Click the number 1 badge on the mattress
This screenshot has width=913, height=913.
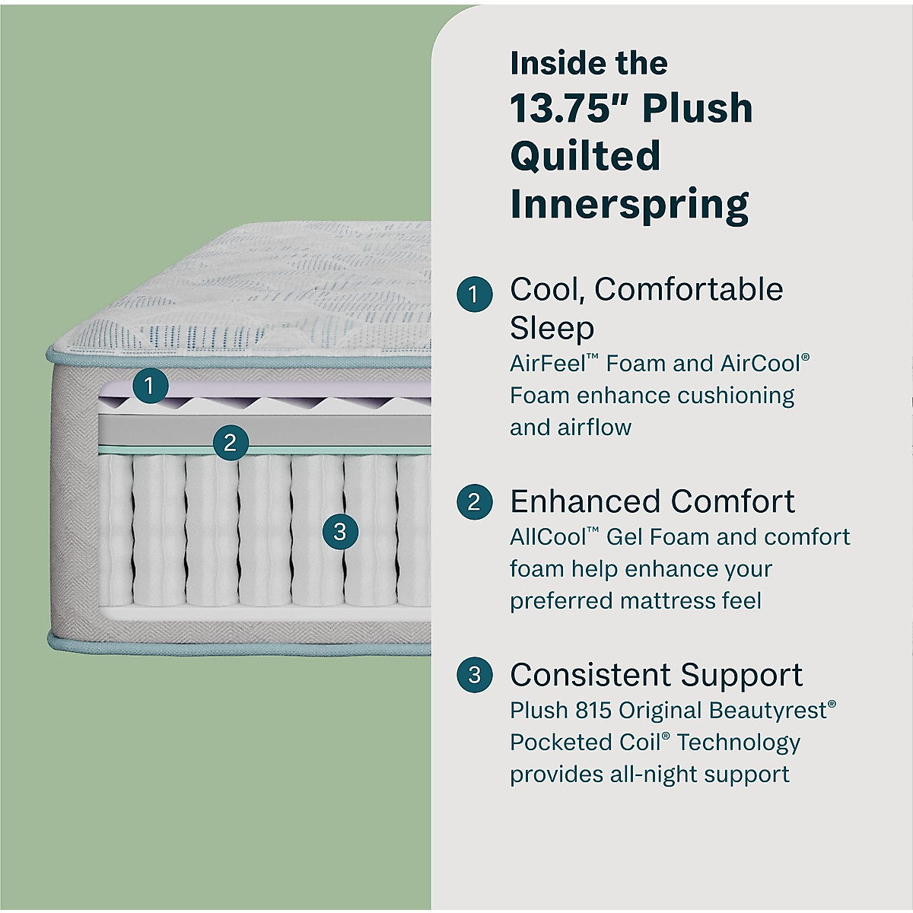149,386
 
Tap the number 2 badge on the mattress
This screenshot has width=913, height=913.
231,442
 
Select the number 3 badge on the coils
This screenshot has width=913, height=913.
340,531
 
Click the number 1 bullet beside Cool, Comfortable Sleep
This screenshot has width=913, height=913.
474,294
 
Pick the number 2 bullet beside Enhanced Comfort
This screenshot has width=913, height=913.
474,502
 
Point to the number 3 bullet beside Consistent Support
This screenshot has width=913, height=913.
474,675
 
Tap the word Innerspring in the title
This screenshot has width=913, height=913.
629,204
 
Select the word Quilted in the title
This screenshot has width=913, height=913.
585,156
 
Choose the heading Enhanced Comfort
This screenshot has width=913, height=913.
652,502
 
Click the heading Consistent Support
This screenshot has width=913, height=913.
656,675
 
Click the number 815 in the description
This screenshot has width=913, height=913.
593,711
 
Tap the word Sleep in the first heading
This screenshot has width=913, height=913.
552,329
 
